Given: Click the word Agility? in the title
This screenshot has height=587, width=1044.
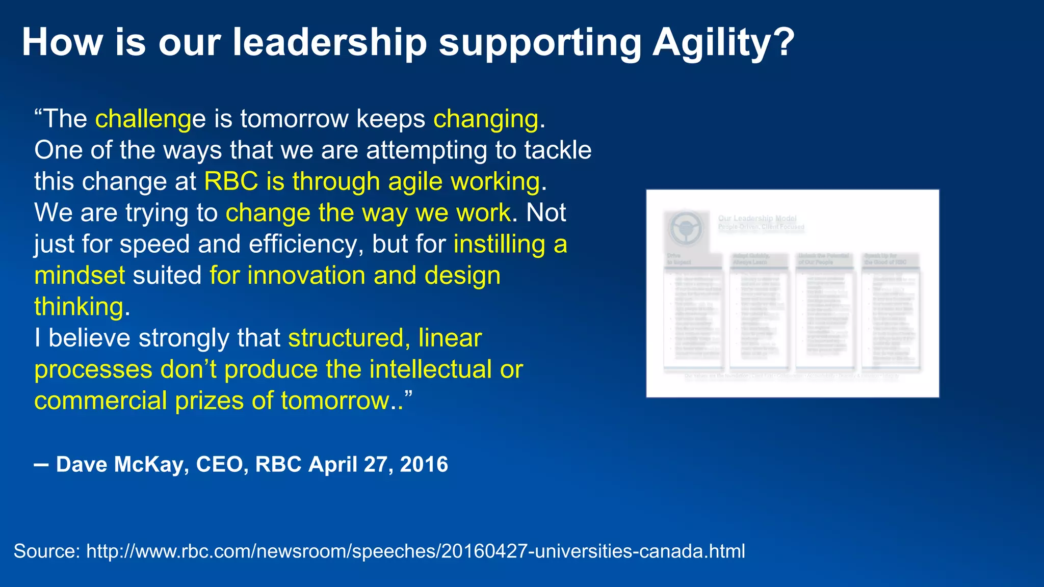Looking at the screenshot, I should (x=723, y=43).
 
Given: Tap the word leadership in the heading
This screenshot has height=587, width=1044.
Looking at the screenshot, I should (x=329, y=43).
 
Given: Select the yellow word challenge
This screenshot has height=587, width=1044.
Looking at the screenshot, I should (x=150, y=119).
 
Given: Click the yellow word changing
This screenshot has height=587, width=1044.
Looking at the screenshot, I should (x=486, y=119).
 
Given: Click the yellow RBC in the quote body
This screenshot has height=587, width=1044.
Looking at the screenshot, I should (x=231, y=181).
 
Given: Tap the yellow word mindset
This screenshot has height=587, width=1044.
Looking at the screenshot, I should (x=80, y=276).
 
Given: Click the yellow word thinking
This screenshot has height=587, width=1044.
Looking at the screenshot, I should (x=79, y=307).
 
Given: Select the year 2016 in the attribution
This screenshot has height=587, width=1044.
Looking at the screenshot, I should (x=424, y=464).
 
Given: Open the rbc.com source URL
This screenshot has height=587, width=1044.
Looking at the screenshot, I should (x=415, y=551).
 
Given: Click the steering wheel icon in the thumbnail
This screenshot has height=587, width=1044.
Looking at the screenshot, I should (x=686, y=228).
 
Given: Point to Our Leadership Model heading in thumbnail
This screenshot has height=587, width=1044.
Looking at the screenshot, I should (x=757, y=218).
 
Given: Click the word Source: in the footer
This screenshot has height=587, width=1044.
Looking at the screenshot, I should (x=46, y=551).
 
